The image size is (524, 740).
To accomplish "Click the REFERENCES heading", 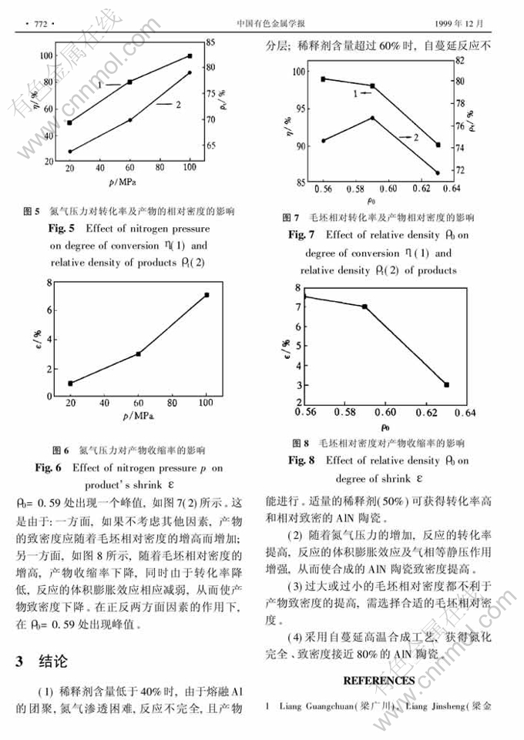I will click(x=378, y=681).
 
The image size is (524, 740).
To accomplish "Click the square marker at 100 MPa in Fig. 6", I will click(x=206, y=295).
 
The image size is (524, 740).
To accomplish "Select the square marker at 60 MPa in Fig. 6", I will click(x=138, y=354).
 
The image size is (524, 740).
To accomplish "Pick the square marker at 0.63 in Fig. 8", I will click(x=447, y=384).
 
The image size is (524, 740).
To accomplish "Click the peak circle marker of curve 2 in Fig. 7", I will click(x=373, y=118).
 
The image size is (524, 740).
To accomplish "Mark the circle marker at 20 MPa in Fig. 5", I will click(x=70, y=152).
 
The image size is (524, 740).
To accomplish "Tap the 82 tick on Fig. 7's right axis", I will click(x=482, y=59).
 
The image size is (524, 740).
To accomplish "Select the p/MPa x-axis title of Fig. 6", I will click(x=137, y=416).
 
